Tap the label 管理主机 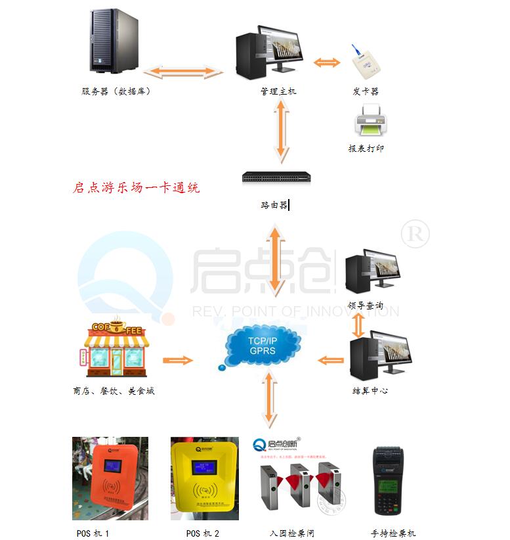pyautogui.click(x=278, y=91)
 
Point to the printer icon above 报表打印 pyautogui.click(x=371, y=123)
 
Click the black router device pyautogui.click(x=275, y=177)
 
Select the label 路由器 pyautogui.click(x=274, y=205)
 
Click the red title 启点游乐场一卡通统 pyautogui.click(x=136, y=187)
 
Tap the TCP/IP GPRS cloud pyautogui.click(x=263, y=346)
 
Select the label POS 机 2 pyautogui.click(x=203, y=533)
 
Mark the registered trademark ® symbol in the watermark pyautogui.click(x=415, y=234)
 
